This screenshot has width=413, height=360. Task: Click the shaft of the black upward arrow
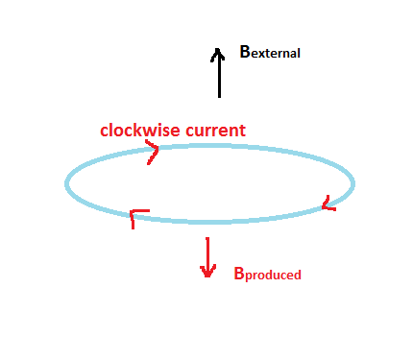click(x=219, y=77)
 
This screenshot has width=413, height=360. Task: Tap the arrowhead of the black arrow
click(x=219, y=54)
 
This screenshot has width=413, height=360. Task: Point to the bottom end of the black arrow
click(x=219, y=97)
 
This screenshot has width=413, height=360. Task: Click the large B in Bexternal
click(x=245, y=52)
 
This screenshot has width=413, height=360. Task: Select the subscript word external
click(x=277, y=54)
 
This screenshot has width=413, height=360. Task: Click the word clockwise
click(x=139, y=130)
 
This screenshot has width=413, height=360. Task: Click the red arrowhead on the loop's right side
click(x=328, y=204)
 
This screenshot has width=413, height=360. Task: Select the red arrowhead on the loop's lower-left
click(x=136, y=215)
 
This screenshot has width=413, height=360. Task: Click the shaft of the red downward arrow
click(x=206, y=254)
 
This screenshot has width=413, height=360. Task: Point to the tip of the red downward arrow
click(x=206, y=276)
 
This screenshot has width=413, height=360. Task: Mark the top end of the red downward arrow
click(x=206, y=239)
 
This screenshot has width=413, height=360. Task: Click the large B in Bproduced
click(x=240, y=273)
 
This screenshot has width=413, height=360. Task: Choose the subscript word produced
click(x=274, y=276)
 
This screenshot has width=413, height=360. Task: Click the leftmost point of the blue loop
click(x=65, y=183)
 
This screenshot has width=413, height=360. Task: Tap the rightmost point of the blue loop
click(x=354, y=182)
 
